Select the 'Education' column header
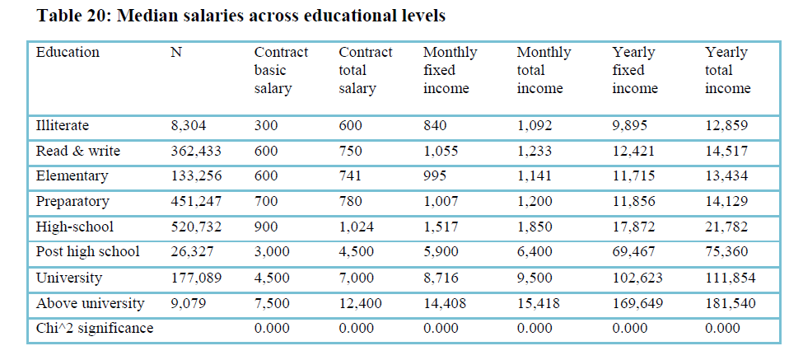pos(68,53)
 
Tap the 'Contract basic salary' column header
pos(281,70)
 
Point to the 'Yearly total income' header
pos(727,70)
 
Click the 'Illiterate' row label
pos(63,127)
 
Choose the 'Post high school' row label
pos(88,252)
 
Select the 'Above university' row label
pos(90,303)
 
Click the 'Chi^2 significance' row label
pos(95,329)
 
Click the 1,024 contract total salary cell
pos(357,227)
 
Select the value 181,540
pos(730,303)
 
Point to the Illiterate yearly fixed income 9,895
pos(631,127)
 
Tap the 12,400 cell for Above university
pos(361,303)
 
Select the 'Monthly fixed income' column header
pos(450,70)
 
